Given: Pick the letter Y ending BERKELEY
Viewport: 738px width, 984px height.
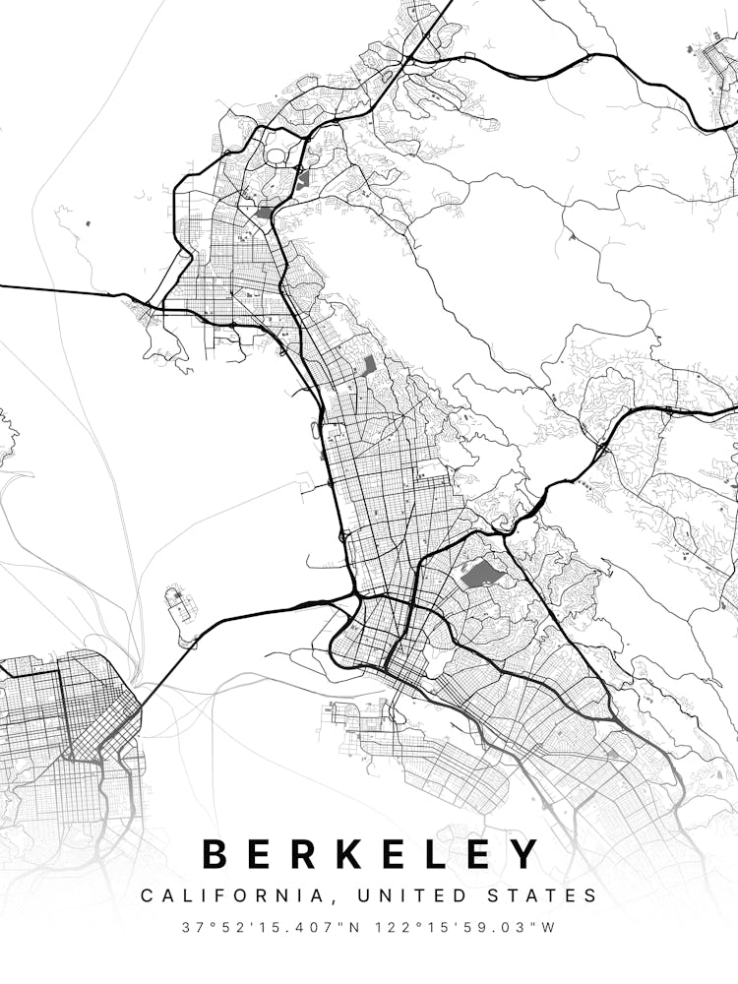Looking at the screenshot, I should point(525,853).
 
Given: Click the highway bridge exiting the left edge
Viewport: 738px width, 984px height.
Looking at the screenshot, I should point(59,289).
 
